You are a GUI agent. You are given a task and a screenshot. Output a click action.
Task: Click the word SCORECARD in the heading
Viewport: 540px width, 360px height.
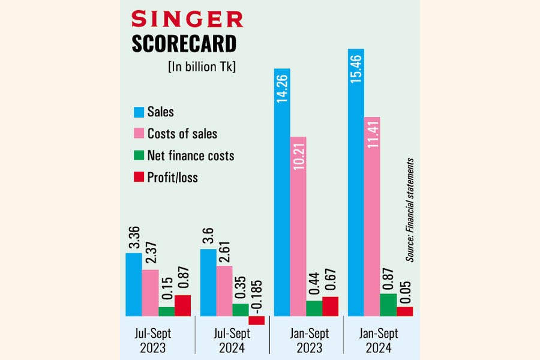pos(183,43)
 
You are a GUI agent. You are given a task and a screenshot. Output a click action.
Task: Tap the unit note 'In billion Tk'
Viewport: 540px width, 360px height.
pos(202,67)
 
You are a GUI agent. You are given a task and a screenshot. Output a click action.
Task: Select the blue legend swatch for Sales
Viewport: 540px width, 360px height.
pos(139,112)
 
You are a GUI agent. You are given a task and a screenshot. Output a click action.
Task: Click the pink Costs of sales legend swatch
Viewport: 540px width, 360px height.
pos(139,133)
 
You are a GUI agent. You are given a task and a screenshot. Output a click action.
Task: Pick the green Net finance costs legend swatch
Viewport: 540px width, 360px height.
pos(139,155)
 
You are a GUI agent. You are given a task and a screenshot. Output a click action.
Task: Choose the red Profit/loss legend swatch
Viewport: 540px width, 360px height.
pos(139,177)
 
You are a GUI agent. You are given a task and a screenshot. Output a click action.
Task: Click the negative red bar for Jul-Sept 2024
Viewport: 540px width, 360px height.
pos(257,320)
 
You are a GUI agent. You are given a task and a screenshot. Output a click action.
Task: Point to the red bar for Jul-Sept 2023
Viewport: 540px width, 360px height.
pos(182,305)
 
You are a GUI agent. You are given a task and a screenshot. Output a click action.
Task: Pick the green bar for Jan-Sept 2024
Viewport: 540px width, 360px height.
pos(388,304)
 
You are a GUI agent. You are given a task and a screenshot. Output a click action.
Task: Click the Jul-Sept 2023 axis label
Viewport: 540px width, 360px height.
pos(158,341)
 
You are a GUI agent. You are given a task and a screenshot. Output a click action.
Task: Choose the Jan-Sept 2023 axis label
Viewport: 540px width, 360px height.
pos(306,341)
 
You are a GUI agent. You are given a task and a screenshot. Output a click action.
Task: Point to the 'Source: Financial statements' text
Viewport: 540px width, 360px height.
pos(410,209)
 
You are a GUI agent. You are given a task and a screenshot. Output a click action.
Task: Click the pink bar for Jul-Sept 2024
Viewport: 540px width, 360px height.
pos(224,290)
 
